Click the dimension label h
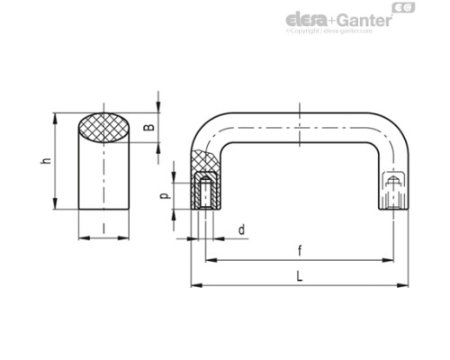[x=43, y=161]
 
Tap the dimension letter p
[x=164, y=194]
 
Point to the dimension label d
[x=240, y=230]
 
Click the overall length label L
[x=299, y=278]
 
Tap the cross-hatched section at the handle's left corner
[x=203, y=165]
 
